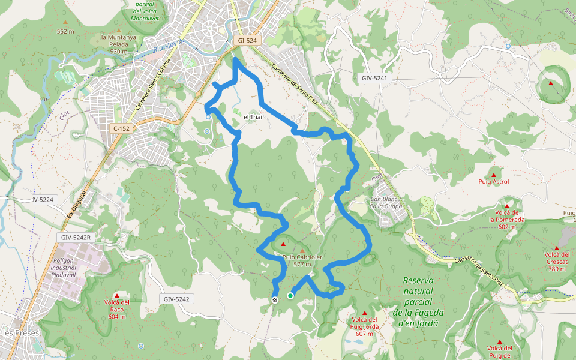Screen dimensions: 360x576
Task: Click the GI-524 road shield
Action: pos(247,40)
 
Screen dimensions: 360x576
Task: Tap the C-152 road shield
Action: pos(121,128)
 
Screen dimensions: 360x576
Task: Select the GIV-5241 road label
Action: pos(376,78)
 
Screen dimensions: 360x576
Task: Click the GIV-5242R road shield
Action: pos(75,238)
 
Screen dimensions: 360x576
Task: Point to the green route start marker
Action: pos(290,295)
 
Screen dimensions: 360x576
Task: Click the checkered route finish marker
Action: pos(275,299)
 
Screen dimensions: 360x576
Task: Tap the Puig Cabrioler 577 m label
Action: pos(302,260)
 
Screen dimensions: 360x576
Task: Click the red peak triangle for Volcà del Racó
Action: pos(117,295)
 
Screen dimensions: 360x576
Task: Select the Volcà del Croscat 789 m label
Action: pos(556,261)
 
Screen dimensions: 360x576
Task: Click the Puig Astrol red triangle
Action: pos(494,175)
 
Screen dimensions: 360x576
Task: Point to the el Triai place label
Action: pos(253,116)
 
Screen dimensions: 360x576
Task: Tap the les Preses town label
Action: pos(21,332)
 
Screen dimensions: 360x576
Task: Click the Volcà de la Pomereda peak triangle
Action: pos(507,205)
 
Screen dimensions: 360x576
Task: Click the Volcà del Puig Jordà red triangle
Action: pos(364,313)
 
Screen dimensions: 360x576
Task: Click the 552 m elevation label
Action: pos(65,31)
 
